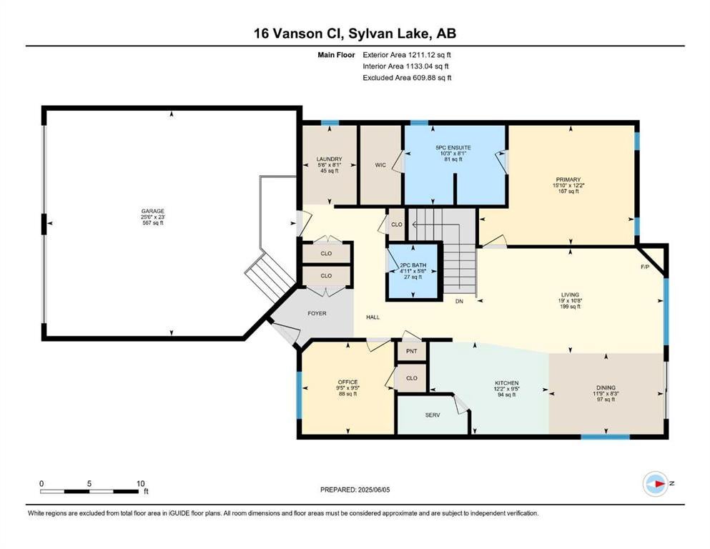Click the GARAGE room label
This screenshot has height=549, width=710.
coord(152,212)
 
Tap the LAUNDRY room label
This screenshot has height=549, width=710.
coord(329,159)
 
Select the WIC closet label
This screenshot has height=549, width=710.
coord(380,165)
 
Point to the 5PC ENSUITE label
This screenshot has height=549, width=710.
coord(453,147)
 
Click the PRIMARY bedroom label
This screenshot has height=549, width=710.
coord(568,179)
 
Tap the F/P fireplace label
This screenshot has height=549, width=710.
coord(645,267)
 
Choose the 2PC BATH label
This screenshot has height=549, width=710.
coord(413,265)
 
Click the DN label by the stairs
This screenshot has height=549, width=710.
coord(459,302)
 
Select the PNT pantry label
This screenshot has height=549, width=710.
coord(412,351)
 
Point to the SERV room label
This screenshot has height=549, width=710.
coord(433,415)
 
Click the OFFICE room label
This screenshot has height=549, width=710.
coord(347,382)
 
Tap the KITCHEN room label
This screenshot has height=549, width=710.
coord(506,383)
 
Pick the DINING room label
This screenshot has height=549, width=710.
coord(606,388)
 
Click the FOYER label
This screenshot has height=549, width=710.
coord(317,313)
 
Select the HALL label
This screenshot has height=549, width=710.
coord(373,317)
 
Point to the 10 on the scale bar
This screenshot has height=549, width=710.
coord(141,483)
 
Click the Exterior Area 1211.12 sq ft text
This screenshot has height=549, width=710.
coord(407,55)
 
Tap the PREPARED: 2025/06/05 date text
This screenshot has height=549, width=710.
coord(355,490)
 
